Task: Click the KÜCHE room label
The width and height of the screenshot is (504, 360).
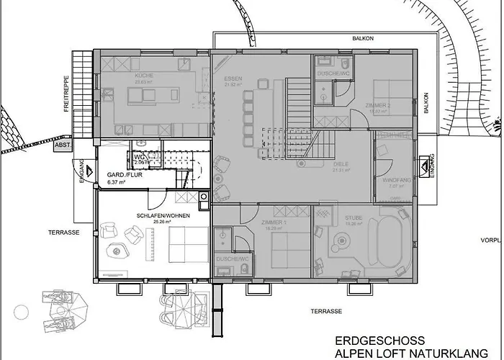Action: (x=144, y=76)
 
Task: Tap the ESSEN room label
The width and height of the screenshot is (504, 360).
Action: (x=232, y=78)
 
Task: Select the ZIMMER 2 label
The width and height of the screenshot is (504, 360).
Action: (x=379, y=105)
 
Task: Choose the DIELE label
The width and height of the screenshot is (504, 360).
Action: (x=341, y=164)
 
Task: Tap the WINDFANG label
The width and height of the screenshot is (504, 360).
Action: (x=393, y=180)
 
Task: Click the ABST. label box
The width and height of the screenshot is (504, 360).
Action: (x=63, y=145)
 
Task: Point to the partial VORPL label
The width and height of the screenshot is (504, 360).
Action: (x=492, y=241)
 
